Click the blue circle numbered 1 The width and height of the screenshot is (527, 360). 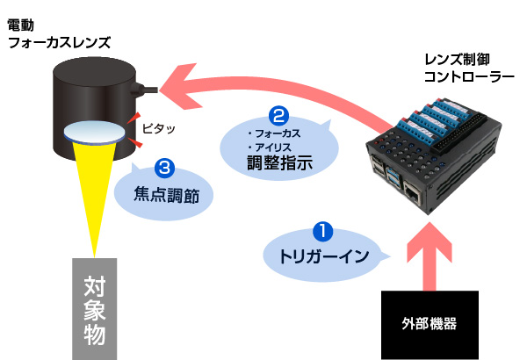(323, 233)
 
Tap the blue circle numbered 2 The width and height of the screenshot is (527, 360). (278, 116)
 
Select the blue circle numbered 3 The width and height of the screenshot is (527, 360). (163, 164)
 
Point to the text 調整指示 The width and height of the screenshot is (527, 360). (278, 162)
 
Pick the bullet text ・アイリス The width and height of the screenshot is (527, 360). (269, 146)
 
